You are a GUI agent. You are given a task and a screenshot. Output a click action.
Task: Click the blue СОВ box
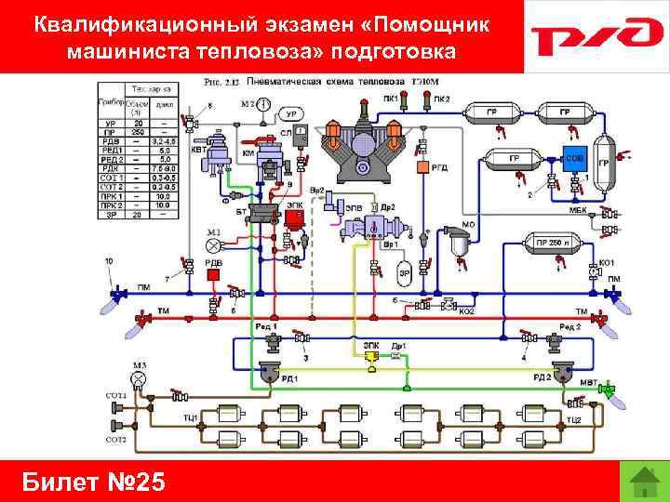(x=574, y=159)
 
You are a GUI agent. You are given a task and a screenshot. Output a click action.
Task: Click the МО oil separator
(x=457, y=245)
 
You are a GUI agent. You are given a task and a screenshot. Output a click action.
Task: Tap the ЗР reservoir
(x=404, y=272)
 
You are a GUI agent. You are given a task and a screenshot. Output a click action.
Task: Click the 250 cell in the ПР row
(x=138, y=132)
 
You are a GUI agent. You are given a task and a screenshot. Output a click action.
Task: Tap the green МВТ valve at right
(x=609, y=390)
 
